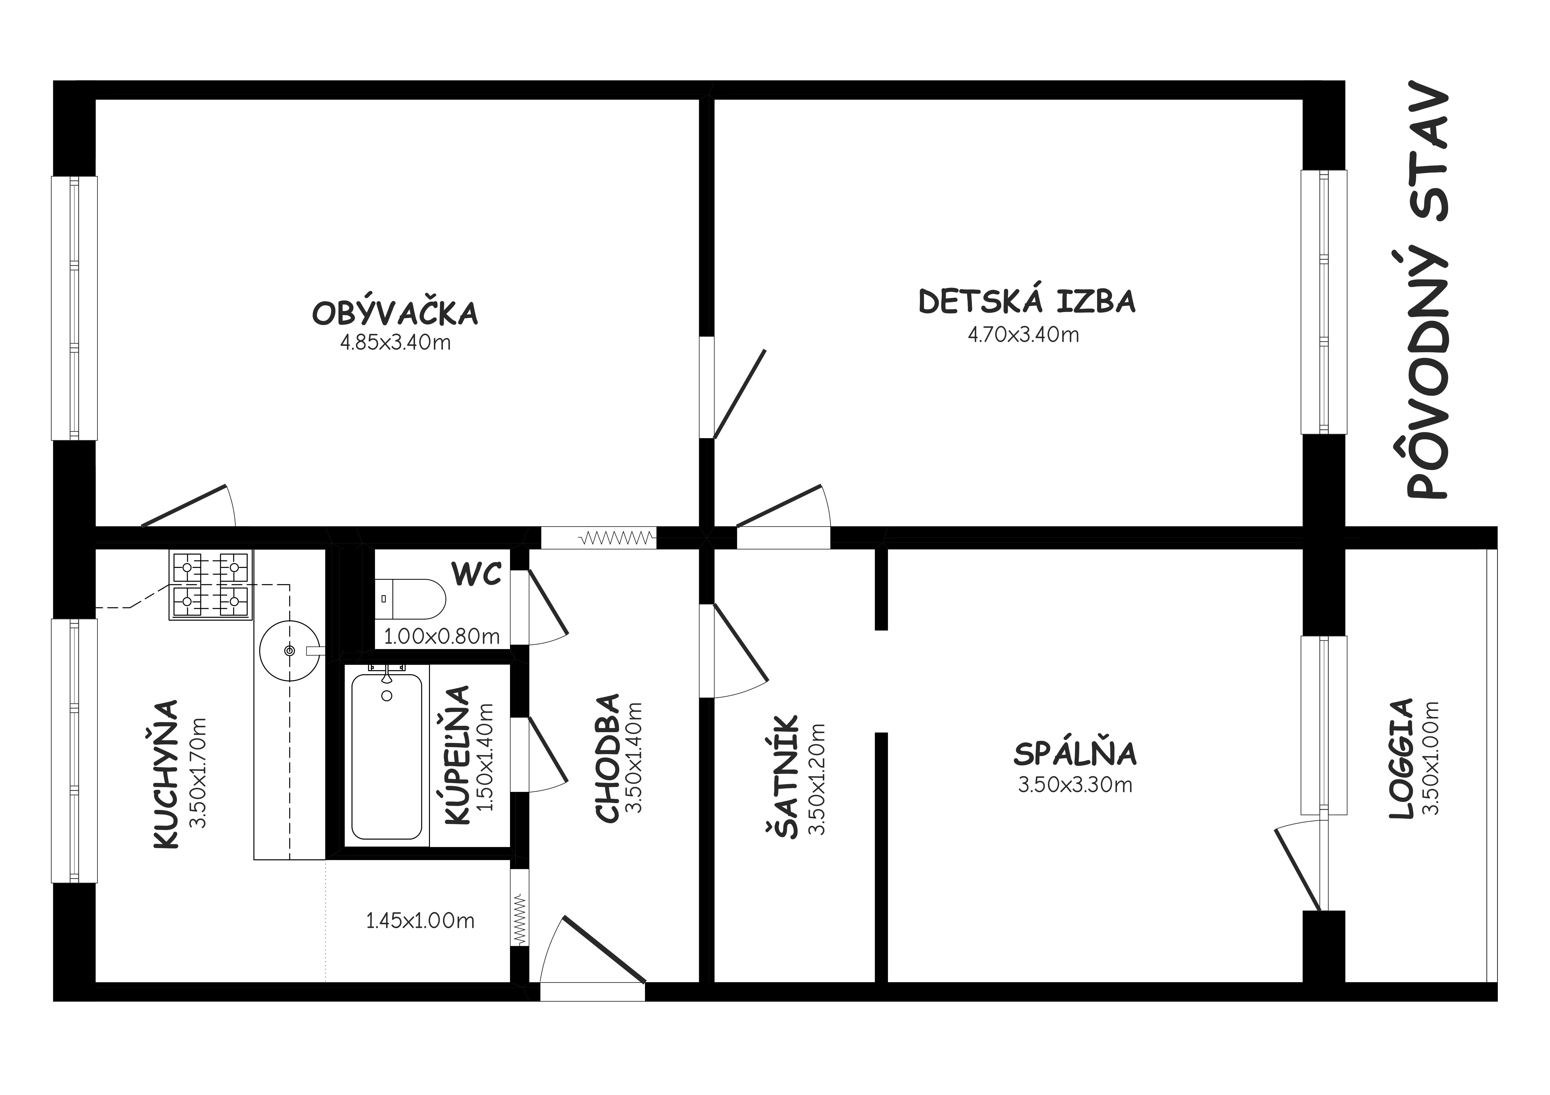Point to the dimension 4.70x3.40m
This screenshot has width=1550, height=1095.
pos(1023,335)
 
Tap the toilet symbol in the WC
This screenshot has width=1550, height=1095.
pos(410,599)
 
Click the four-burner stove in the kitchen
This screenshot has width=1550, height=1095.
pos(211,585)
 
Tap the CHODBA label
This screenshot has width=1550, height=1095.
pos(608,758)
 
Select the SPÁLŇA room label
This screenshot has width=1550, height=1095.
pos(1075,754)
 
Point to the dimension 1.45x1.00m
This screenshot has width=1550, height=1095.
pos(420,921)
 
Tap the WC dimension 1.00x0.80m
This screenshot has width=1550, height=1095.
pos(442,636)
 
